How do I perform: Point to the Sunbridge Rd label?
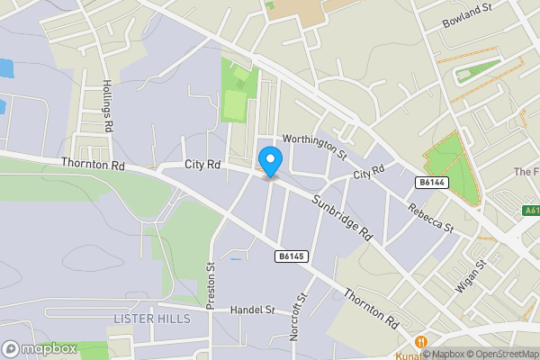(x=342, y=218)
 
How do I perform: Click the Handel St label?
(x=252, y=310)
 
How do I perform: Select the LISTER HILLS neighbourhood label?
(x=152, y=319)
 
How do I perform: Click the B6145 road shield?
(x=292, y=256)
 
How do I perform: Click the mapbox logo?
(x=40, y=348)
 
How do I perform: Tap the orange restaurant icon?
(x=420, y=343)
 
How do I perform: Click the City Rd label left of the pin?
(x=202, y=165)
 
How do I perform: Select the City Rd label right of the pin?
(x=368, y=171)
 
